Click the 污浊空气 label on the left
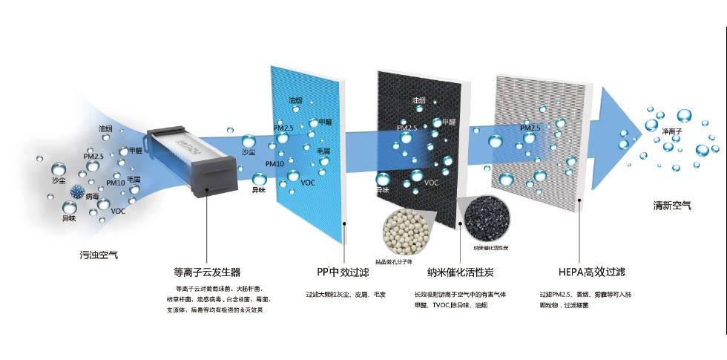pos(99,255)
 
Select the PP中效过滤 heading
pos(343,272)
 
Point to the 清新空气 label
pos(672,205)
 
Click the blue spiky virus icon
pos(76,192)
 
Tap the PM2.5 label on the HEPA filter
pos(530,128)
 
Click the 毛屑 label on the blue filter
pos(323,151)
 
